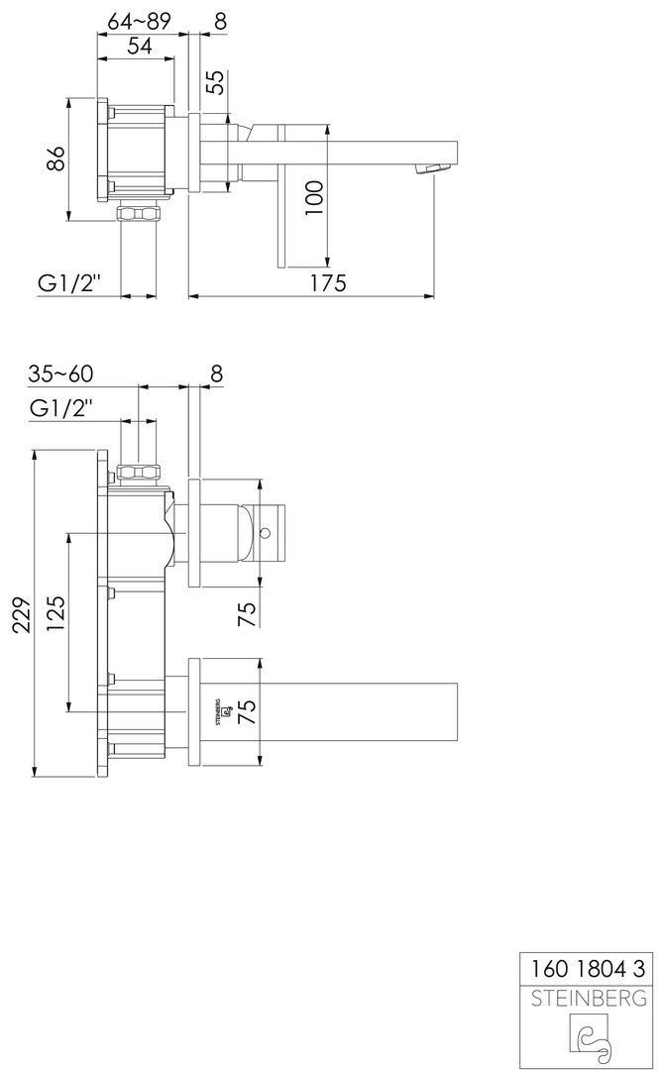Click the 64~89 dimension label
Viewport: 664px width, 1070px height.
point(138,21)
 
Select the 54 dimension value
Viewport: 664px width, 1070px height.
point(140,46)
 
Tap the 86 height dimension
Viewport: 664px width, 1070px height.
point(57,159)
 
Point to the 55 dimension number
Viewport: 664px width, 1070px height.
point(215,82)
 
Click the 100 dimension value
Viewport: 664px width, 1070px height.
point(313,198)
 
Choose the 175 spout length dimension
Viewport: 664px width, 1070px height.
point(328,281)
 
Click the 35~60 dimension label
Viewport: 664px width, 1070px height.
point(60,374)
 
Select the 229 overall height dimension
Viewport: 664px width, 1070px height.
point(24,615)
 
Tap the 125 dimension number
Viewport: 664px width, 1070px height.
point(55,614)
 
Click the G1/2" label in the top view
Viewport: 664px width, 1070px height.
point(69,281)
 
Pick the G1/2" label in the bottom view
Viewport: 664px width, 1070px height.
point(60,409)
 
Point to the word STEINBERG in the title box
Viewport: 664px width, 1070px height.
point(589,999)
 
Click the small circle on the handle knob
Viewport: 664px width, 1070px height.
point(266,532)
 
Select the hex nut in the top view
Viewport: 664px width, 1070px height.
point(139,213)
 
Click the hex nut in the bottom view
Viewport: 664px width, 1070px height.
point(139,473)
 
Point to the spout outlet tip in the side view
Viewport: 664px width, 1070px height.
point(435,168)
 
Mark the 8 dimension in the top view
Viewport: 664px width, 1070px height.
point(220,21)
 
